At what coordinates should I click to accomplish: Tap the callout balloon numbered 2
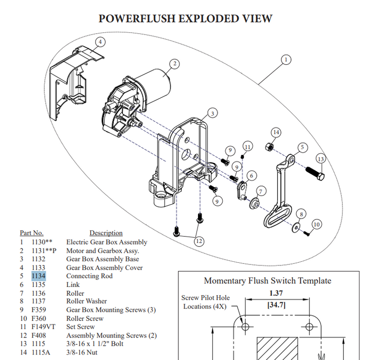coord(175,64)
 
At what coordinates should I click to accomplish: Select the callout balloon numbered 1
coord(286,60)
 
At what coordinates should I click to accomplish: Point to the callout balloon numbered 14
coord(276,132)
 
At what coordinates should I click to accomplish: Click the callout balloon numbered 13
coord(320,159)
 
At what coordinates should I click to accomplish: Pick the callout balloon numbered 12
coord(199,240)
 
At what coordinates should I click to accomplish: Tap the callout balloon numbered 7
coord(261,191)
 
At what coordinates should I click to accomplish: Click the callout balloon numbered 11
coord(247,147)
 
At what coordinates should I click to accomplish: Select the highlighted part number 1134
coord(39,276)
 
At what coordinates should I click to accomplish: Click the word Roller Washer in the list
coord(86,301)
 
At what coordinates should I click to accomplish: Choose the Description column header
coord(106,233)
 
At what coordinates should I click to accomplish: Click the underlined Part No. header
coord(31,233)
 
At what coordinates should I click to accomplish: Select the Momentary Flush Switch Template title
coord(267,281)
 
